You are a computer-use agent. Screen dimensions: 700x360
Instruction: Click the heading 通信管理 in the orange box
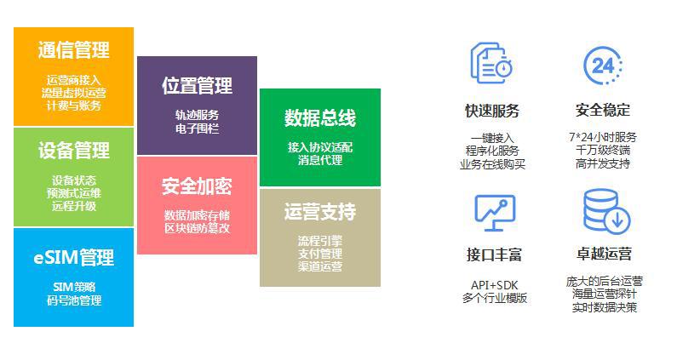73,49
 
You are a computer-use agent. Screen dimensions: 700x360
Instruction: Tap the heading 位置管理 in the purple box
197,85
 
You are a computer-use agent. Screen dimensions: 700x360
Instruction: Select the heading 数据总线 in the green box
320,117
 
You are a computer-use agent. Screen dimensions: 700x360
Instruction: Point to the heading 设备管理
73,151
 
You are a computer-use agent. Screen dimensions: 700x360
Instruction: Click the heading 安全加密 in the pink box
197,186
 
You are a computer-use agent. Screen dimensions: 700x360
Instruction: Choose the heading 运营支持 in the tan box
320,211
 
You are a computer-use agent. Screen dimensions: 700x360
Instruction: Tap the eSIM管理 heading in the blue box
73,257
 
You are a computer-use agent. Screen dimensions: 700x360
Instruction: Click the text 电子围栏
197,129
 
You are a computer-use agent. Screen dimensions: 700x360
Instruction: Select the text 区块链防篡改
197,228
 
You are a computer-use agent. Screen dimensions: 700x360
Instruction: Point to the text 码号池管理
74,300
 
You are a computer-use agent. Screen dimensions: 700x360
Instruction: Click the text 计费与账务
74,106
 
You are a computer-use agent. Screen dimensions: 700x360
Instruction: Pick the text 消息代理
320,160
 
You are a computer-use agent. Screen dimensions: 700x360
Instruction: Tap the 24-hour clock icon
603,66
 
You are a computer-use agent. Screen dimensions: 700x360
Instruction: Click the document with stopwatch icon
491,63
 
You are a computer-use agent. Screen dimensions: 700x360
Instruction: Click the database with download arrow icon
606,212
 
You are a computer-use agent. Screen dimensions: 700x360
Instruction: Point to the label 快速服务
492,111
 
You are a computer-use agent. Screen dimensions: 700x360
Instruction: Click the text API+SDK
495,285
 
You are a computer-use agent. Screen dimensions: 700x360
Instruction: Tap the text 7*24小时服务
603,137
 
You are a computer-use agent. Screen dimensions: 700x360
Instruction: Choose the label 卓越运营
604,254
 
